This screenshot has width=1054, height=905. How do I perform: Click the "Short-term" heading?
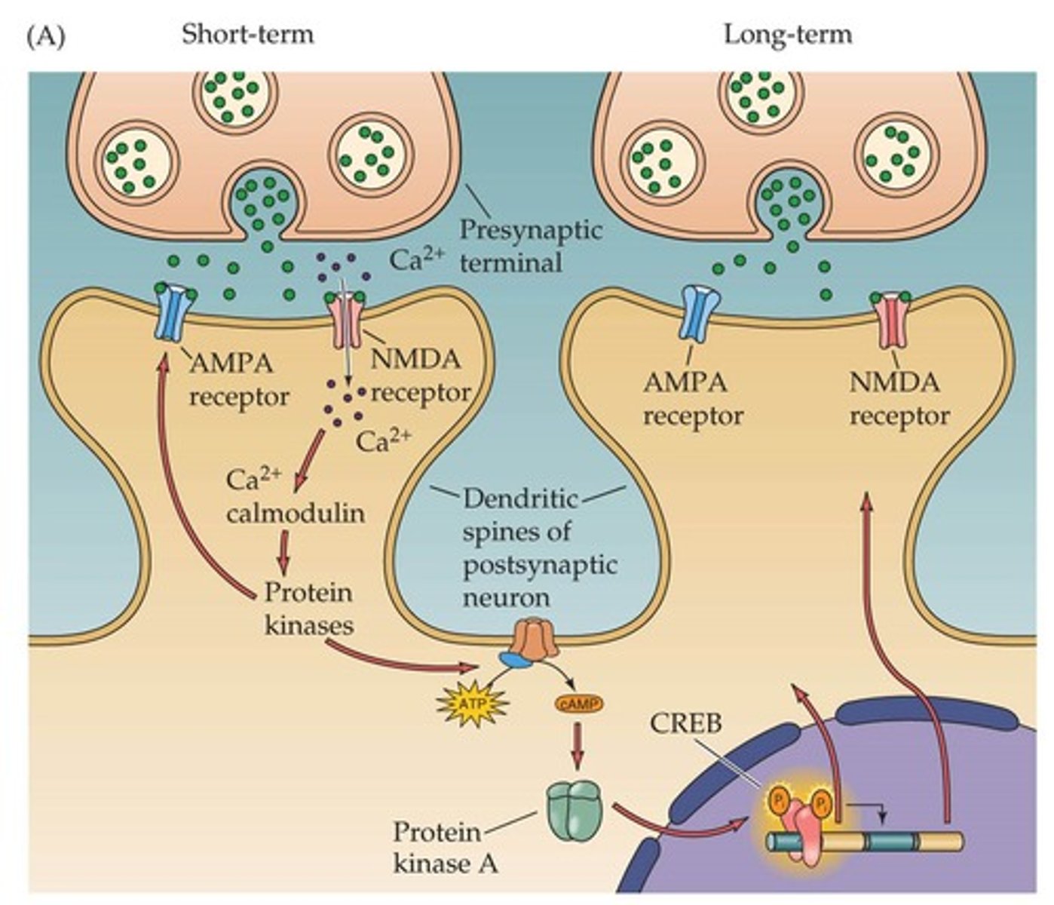click(247, 35)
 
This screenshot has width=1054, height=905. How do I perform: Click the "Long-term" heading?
click(787, 35)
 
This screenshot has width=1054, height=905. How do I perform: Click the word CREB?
click(686, 723)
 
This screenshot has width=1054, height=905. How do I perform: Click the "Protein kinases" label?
click(308, 608)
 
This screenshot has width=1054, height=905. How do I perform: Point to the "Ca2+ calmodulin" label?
click(294, 497)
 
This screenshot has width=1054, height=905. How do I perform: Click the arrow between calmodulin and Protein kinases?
click(283, 553)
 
